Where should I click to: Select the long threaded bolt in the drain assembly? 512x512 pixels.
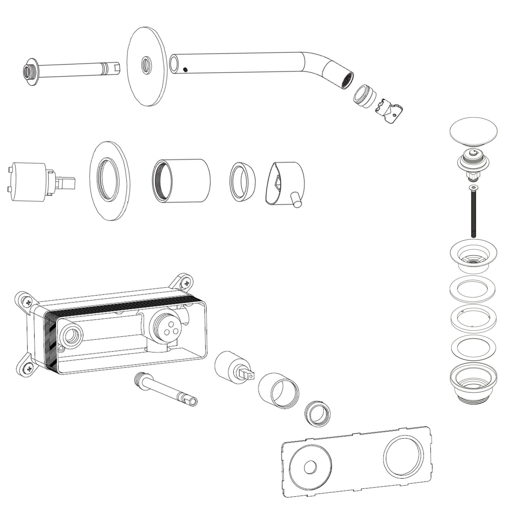[473, 212]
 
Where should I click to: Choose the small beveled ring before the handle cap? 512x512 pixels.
[242, 182]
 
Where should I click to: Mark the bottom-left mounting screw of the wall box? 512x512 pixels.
[28, 368]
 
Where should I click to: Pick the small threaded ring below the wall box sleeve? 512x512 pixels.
[318, 413]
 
